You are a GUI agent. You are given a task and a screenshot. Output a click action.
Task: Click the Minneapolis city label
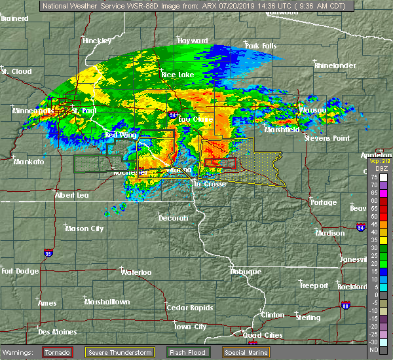(x=33, y=111)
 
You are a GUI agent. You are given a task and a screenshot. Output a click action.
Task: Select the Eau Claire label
(x=194, y=120)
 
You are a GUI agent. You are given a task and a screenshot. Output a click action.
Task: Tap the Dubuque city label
(x=246, y=272)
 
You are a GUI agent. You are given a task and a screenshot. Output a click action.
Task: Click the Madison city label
(x=329, y=233)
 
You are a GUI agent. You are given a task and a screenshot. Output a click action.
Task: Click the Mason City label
(x=84, y=228)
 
